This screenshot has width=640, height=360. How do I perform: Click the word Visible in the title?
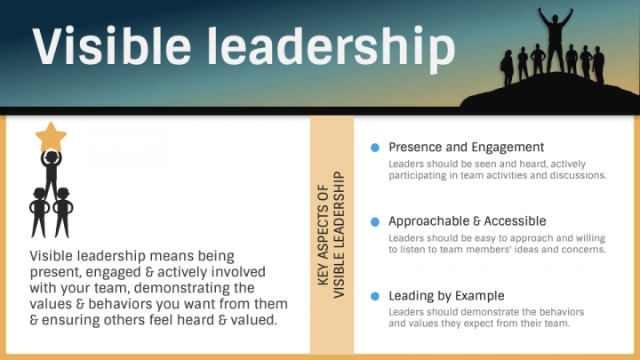111,45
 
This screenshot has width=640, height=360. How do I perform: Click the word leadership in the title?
331,48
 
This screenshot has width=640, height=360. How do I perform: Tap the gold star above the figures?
51,137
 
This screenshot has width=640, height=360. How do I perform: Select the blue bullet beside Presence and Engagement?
375,148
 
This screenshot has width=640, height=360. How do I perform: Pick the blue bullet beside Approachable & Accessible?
375,221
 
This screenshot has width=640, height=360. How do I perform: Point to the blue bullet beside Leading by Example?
375,296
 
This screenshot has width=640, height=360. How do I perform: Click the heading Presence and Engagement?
466,148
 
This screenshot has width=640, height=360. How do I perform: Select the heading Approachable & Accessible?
468,221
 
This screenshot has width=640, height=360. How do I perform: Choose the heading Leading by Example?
446,296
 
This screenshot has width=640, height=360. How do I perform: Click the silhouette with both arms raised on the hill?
555,40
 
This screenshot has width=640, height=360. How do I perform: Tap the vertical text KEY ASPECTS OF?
323,235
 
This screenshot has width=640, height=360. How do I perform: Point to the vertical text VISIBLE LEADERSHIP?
339,235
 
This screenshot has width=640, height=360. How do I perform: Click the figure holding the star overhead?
51,173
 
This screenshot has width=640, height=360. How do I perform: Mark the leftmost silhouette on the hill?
508,68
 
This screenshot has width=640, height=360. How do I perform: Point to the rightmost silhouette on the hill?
599,65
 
